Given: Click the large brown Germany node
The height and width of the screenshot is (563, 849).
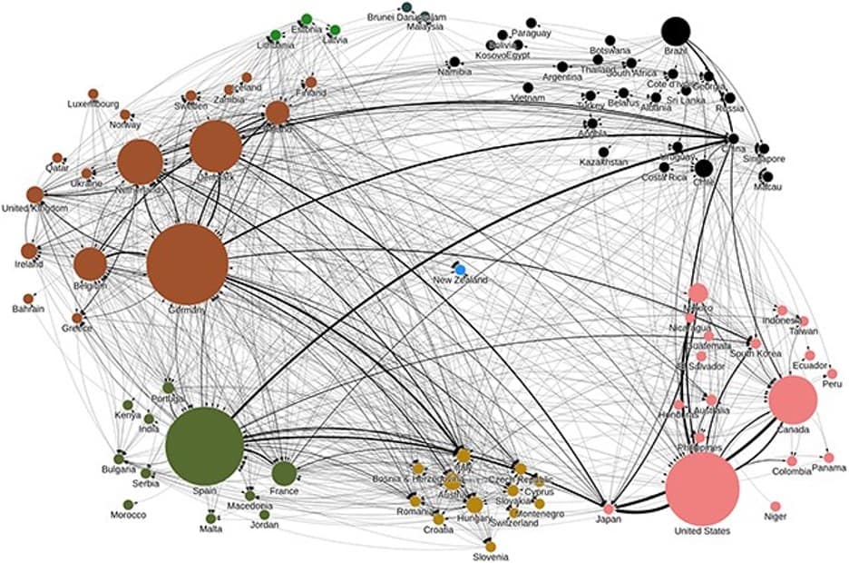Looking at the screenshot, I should [187, 263].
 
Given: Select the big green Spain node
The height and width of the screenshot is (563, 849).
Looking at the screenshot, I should [205, 446].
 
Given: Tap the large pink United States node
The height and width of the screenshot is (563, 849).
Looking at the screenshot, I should [702, 489].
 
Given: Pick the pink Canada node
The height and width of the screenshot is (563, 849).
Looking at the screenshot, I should [794, 400].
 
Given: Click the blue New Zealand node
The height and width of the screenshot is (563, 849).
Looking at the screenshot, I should [460, 270].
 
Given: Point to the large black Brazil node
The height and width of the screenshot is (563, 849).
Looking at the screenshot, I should [675, 31].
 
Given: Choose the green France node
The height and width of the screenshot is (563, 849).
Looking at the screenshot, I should [284, 472].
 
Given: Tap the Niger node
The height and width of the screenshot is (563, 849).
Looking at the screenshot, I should [776, 506].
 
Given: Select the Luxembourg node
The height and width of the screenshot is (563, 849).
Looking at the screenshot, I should [93, 94].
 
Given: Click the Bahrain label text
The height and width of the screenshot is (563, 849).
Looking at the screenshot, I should [29, 310].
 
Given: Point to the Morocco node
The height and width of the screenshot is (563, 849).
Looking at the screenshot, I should [129, 504].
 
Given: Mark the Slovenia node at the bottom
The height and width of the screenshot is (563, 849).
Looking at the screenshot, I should [490, 546].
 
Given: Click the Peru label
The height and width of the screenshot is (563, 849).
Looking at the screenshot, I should [833, 385].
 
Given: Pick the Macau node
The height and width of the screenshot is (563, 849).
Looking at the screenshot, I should [767, 176].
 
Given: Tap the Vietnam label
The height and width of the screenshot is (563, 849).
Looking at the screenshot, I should [528, 98].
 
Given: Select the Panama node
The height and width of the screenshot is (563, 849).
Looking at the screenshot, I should [828, 457].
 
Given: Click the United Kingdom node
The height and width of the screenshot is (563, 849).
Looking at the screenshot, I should [34, 193].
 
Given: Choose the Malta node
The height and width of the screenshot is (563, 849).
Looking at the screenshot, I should [210, 518].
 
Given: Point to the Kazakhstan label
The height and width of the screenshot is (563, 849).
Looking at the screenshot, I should [603, 163].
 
